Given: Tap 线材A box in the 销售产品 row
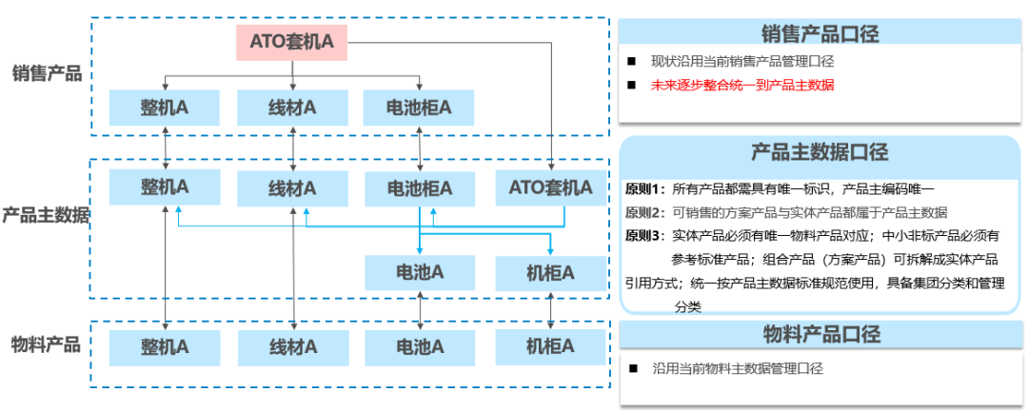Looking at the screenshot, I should click(x=292, y=108).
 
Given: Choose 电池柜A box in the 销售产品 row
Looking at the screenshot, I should click(x=419, y=108).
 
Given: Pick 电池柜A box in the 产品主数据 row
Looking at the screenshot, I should click(x=419, y=187).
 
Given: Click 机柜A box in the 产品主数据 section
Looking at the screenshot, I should click(x=550, y=273).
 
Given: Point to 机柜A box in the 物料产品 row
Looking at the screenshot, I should click(x=550, y=345).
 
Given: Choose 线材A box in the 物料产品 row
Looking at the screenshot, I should click(x=292, y=345).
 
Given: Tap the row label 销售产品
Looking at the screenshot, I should click(x=47, y=74).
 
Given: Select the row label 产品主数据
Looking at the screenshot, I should click(x=46, y=215).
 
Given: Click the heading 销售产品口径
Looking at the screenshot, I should click(x=820, y=34).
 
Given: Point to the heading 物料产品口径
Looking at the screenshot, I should click(x=820, y=335).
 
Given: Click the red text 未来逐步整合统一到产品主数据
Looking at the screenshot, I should click(x=742, y=86).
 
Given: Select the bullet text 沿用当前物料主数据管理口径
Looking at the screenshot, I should click(x=737, y=368).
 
